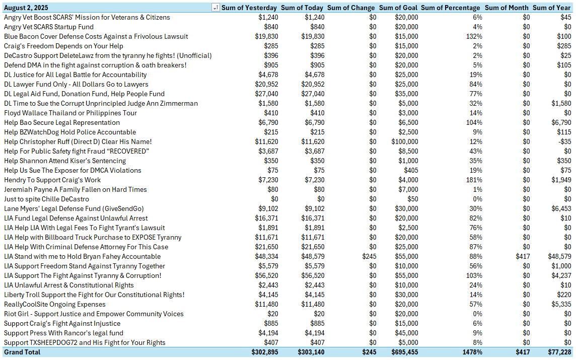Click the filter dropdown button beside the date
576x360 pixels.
(215, 8)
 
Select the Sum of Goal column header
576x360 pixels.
(398, 8)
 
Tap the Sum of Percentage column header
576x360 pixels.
(450, 8)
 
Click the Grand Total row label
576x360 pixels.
(22, 352)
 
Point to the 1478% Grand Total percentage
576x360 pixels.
(471, 352)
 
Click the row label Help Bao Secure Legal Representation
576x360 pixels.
(62, 122)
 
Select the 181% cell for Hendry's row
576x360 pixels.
(474, 180)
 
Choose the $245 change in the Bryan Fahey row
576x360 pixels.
(369, 256)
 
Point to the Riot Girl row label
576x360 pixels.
(94, 314)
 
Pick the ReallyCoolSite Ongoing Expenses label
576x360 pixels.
(55, 304)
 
